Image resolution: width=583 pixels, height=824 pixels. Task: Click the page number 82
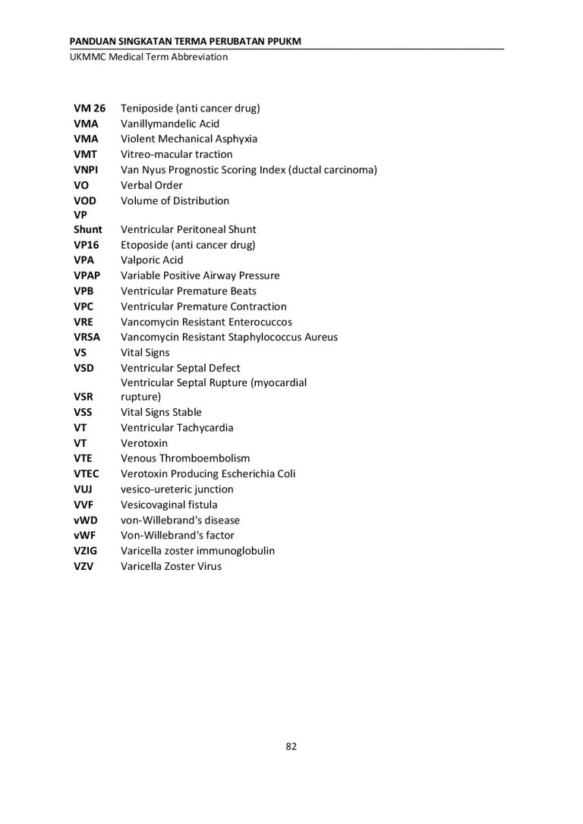(291, 746)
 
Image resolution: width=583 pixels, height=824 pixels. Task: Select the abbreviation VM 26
(90, 108)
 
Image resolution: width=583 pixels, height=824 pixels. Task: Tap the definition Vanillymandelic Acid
(170, 123)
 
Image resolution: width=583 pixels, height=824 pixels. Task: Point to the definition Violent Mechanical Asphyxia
(189, 139)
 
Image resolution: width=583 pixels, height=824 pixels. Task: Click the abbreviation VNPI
(86, 169)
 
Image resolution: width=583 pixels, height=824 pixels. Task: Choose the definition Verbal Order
(152, 185)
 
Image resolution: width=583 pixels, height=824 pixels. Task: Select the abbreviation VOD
(85, 200)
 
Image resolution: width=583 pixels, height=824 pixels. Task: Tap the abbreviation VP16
(87, 244)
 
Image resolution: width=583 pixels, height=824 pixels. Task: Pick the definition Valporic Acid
(152, 260)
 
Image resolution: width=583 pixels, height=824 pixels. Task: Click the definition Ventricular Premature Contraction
(203, 307)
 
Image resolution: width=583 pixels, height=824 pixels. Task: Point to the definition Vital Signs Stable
(161, 412)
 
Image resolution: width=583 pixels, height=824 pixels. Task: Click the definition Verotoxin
(144, 443)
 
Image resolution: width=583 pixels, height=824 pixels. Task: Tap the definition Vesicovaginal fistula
(169, 505)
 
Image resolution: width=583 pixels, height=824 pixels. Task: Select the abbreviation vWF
(86, 535)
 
